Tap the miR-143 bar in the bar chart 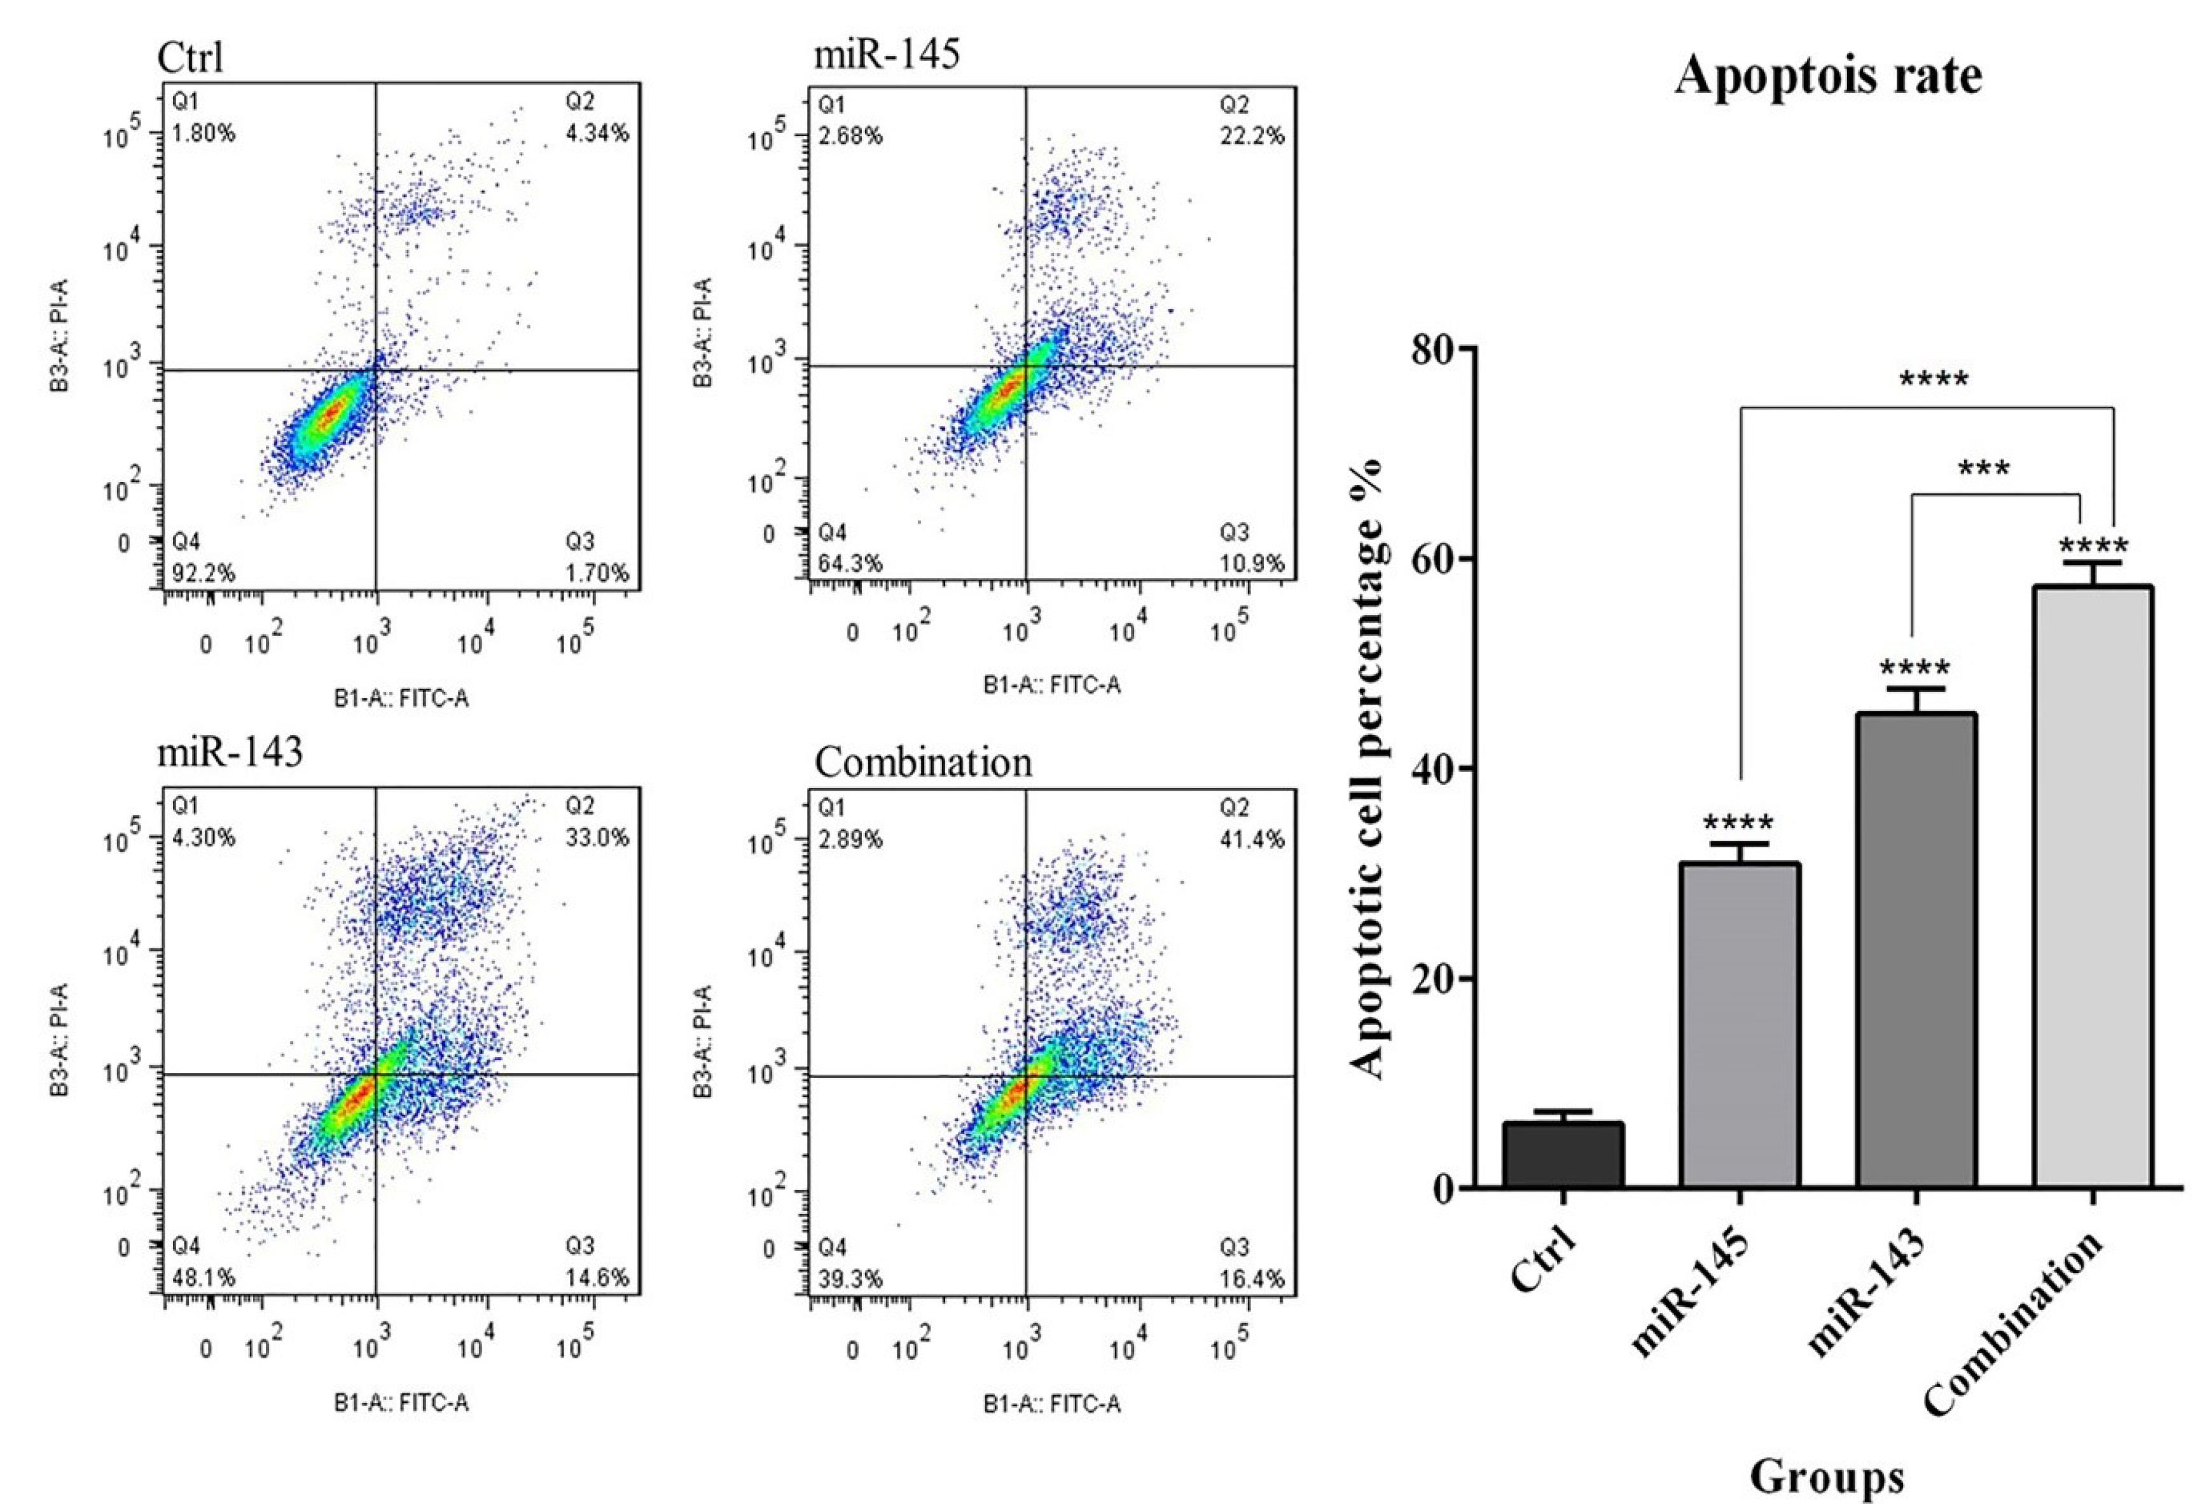click(x=1915, y=950)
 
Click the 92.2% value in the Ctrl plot click(x=204, y=573)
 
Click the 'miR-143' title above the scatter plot click(x=230, y=752)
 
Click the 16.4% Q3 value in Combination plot click(x=1252, y=1279)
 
